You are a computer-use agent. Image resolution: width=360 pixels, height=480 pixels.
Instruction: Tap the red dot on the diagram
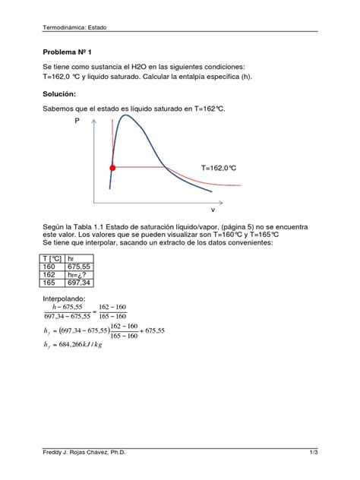pyautogui.click(x=112, y=167)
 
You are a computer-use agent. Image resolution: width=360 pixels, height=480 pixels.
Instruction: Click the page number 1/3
pyautogui.click(x=312, y=453)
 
